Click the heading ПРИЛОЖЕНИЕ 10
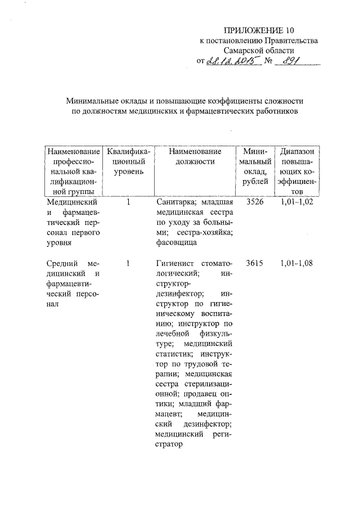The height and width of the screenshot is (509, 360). [259, 30]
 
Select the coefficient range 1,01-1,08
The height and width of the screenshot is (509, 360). [296, 263]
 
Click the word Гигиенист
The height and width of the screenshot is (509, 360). [176, 263]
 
